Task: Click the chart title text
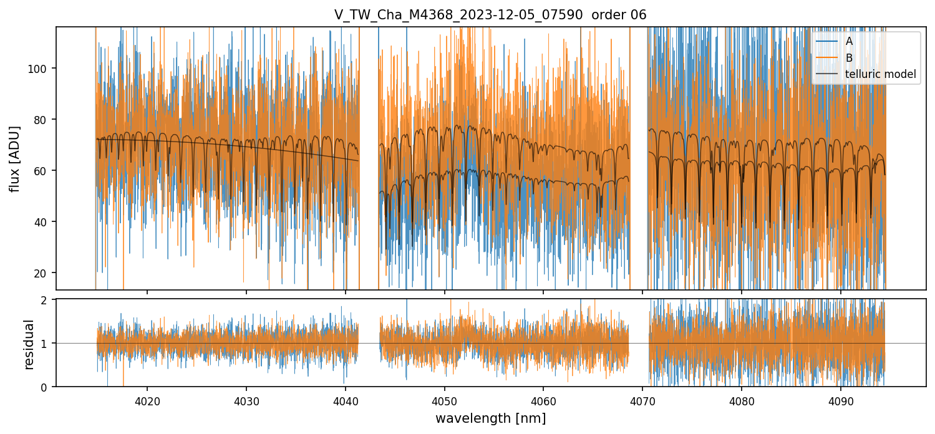coord(490,15)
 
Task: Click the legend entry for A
coord(849,41)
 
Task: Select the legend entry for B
coord(849,58)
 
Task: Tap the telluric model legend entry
coord(880,74)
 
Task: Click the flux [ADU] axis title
coord(15,158)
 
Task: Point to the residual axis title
coord(29,344)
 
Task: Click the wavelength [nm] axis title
coord(490,418)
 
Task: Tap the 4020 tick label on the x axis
coord(147,400)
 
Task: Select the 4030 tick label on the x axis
coord(246,400)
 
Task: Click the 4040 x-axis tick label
coord(345,400)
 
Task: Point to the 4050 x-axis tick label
coord(444,400)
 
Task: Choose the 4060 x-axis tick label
coord(543,400)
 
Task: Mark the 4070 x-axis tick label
coord(642,400)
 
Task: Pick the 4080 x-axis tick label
coord(741,400)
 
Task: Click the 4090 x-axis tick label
coord(840,400)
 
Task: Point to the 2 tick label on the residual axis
coord(46,300)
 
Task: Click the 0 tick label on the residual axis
coord(46,387)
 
